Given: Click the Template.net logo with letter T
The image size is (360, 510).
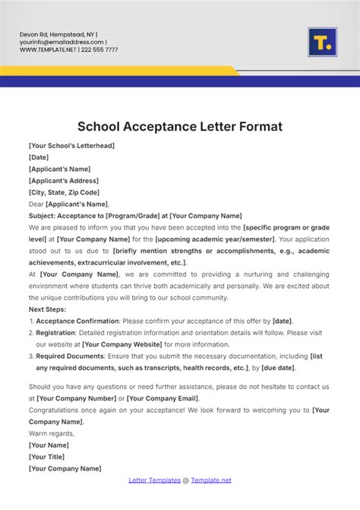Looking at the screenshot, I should click(x=322, y=42).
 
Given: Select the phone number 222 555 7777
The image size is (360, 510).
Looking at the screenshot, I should click(x=99, y=49).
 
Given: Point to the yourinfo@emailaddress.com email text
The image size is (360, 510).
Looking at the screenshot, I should click(x=62, y=43).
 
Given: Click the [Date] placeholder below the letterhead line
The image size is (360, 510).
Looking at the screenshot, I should click(x=39, y=157).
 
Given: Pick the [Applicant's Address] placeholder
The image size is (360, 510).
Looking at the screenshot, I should click(x=63, y=180).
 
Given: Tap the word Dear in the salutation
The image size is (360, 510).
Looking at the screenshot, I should click(x=36, y=204).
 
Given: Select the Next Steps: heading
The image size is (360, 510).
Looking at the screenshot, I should click(x=48, y=309).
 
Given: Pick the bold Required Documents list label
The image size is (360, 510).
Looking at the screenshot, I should click(x=71, y=356).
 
